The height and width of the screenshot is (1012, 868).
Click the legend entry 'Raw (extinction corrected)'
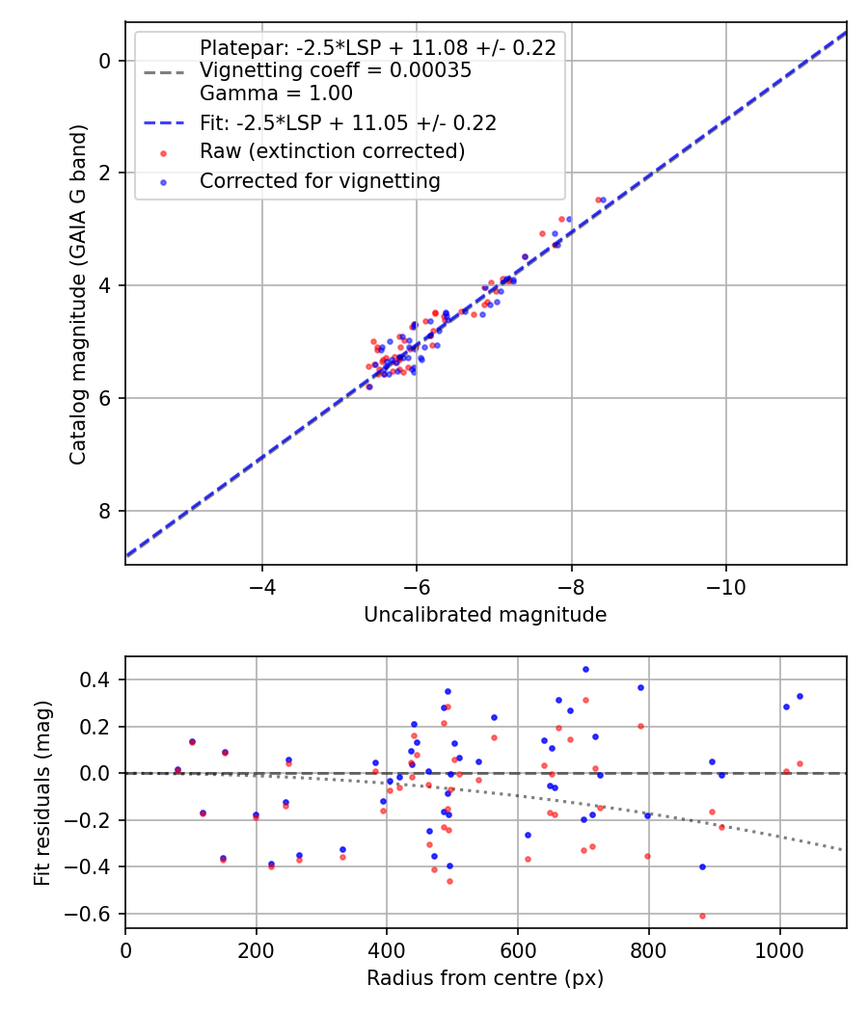(x=332, y=151)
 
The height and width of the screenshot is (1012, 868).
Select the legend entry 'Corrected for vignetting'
(x=319, y=181)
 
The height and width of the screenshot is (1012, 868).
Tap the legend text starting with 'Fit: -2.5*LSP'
(x=347, y=122)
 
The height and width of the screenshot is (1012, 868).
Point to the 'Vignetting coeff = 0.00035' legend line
(x=335, y=70)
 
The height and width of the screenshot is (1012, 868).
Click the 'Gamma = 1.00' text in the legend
(x=276, y=93)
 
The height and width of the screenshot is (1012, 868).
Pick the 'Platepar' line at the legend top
(x=377, y=48)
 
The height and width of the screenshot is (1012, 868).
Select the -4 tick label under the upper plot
(x=262, y=587)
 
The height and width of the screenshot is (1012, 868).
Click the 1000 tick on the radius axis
(x=779, y=950)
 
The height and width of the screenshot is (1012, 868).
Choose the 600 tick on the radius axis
(x=518, y=950)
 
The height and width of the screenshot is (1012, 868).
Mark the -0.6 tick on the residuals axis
(x=93, y=914)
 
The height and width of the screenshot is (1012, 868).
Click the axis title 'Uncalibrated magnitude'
(x=485, y=615)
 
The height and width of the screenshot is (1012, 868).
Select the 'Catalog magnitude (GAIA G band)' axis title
(x=78, y=294)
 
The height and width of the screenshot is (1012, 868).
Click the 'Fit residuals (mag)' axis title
(x=41, y=792)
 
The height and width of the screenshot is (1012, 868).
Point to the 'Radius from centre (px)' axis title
(x=485, y=978)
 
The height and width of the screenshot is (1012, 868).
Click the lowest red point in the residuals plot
(x=702, y=916)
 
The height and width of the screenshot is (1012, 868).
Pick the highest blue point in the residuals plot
(x=585, y=669)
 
